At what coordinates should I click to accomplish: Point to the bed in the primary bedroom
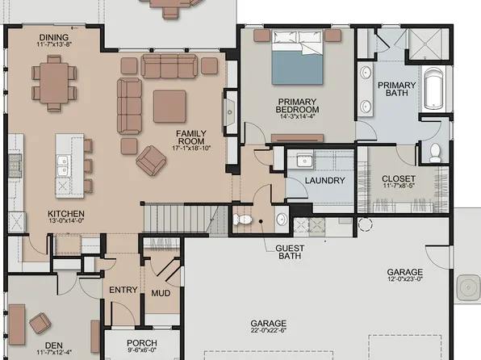(x=295, y=57)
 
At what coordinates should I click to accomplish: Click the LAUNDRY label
(x=325, y=180)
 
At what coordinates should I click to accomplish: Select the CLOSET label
(x=399, y=178)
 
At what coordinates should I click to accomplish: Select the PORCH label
(x=142, y=343)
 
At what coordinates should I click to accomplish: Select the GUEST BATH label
(x=289, y=252)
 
